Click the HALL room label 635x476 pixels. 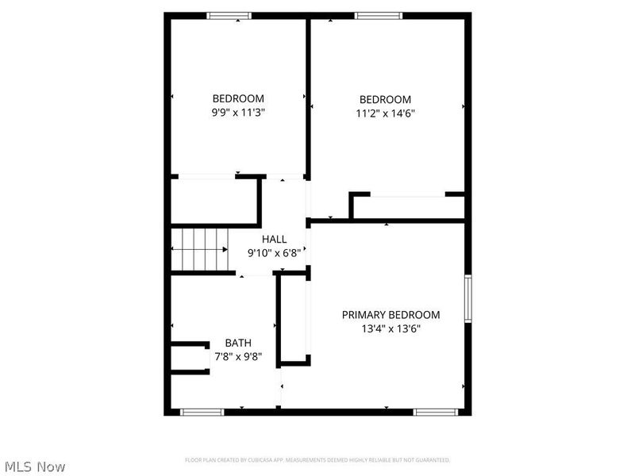click(275, 239)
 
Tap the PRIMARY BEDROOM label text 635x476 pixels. click(391, 315)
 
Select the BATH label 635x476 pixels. click(238, 343)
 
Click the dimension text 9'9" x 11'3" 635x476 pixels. click(238, 113)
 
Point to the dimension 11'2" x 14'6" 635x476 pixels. click(386, 113)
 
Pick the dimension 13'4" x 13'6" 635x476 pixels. click(391, 328)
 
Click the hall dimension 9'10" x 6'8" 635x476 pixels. click(275, 253)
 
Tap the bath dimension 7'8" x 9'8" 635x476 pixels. click(238, 356)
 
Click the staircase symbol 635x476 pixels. click(200, 248)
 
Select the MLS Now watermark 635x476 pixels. click(35, 466)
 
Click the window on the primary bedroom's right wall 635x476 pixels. click(468, 298)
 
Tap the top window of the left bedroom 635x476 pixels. click(229, 15)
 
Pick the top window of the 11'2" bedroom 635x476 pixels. click(378, 15)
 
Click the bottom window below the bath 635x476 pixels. click(203, 412)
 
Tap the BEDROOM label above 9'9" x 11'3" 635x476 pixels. click(238, 99)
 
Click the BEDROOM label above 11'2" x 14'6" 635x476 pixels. click(386, 99)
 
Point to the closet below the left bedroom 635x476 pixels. click(214, 202)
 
